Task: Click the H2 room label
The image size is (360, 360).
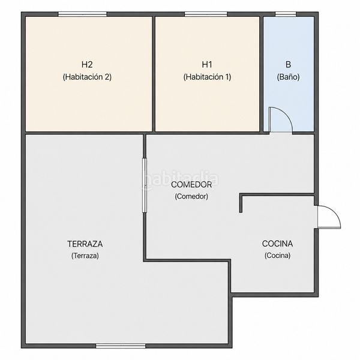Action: pyautogui.click(x=87, y=65)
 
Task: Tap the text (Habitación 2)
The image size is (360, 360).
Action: pyautogui.click(x=87, y=77)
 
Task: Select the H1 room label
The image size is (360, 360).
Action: pyautogui.click(x=207, y=65)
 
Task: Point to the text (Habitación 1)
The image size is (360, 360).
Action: pyautogui.click(x=207, y=77)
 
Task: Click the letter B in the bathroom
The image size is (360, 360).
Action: pyautogui.click(x=288, y=65)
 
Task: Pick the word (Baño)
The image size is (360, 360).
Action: pyautogui.click(x=288, y=77)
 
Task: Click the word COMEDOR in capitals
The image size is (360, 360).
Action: pyautogui.click(x=191, y=184)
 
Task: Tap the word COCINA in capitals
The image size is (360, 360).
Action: pyautogui.click(x=277, y=244)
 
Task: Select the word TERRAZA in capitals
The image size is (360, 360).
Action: pyautogui.click(x=85, y=244)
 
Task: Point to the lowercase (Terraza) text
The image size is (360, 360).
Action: pyautogui.click(x=85, y=256)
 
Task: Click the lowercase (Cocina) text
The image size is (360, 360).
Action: pyautogui.click(x=277, y=256)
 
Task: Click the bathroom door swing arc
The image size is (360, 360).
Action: pyautogui.click(x=286, y=114)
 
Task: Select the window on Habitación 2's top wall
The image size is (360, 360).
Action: pyautogui.click(x=82, y=14)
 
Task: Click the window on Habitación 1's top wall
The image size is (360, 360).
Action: pyautogui.click(x=206, y=14)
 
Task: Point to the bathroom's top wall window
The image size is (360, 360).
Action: pyautogui.click(x=286, y=14)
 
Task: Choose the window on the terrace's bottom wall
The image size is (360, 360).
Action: pyautogui.click(x=121, y=346)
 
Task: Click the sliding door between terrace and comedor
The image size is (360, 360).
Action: pyautogui.click(x=145, y=185)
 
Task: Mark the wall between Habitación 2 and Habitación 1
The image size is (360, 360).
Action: pyautogui.click(x=154, y=74)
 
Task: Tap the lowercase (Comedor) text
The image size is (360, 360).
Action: pyautogui.click(x=191, y=196)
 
